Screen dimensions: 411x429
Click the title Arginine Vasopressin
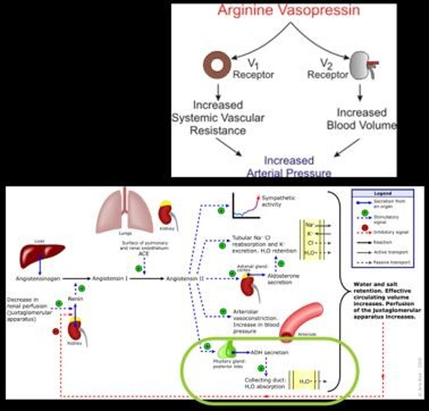coord(289,10)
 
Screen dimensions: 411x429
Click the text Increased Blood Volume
coord(361,119)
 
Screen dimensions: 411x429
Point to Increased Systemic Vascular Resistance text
coord(218,117)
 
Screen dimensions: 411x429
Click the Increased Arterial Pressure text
coord(289,166)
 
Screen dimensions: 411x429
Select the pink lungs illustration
coord(125,212)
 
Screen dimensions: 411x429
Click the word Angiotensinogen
coord(38,278)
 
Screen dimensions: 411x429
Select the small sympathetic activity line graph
coord(246,206)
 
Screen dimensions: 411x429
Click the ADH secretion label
coord(269,352)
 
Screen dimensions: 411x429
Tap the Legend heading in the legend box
coord(382,194)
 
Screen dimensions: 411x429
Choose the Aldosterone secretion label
coord(283,279)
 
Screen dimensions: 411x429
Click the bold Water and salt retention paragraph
coord(384,300)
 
